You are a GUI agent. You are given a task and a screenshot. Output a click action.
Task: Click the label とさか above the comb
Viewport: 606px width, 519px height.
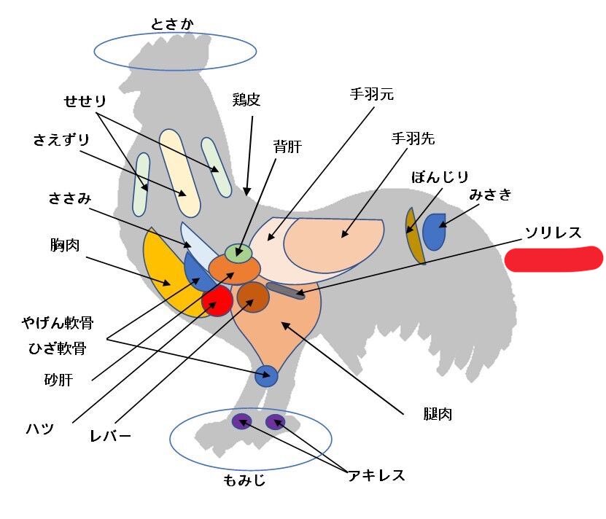172,24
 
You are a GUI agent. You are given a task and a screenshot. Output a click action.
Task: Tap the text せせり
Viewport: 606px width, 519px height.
85,101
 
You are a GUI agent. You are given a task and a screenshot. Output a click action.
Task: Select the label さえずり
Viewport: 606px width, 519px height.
61,139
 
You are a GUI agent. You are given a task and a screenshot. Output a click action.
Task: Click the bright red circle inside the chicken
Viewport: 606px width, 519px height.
217,300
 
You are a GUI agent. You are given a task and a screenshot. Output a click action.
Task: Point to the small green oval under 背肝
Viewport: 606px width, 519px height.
239,253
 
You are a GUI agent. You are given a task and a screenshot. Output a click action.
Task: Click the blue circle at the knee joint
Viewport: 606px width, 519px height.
266,376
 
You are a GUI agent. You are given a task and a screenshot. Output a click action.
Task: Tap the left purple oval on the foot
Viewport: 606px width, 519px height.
242,421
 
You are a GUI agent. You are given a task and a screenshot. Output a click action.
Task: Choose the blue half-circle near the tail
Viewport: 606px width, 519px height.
434,232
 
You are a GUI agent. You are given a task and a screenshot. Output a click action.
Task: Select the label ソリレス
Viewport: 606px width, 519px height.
553,233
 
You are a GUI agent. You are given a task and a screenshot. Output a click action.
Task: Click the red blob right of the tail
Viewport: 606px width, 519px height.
553,259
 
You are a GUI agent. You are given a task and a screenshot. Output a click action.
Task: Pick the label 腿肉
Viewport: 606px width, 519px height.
438,414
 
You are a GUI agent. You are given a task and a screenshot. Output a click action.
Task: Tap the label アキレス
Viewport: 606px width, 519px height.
376,475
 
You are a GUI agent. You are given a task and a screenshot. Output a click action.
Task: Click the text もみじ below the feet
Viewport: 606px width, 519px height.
244,480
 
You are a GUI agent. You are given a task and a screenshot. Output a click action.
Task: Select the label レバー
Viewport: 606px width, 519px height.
111,436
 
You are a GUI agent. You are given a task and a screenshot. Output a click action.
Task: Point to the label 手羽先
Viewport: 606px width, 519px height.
413,138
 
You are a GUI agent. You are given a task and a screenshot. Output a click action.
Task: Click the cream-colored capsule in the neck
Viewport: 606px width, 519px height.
179,173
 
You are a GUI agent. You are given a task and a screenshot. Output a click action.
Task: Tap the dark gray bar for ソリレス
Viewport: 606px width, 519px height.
285,291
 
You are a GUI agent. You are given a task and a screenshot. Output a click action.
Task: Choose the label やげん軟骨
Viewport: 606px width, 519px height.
58,323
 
